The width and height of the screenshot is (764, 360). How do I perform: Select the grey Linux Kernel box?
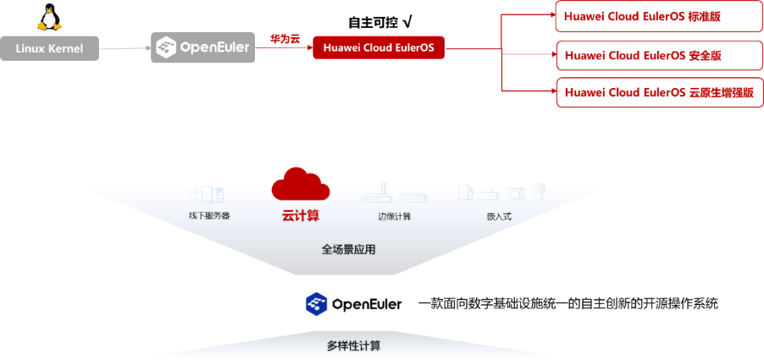point(49,48)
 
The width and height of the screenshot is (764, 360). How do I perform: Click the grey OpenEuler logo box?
point(203,47)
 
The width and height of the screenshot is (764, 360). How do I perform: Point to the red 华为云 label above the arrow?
point(285,38)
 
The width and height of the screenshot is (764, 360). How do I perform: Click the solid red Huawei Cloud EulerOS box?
point(379,47)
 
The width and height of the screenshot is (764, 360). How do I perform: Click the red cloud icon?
point(300,184)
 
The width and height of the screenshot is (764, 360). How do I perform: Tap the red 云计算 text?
point(300,215)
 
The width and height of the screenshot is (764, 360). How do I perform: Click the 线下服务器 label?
point(208,216)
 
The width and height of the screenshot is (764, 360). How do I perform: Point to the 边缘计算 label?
point(394,216)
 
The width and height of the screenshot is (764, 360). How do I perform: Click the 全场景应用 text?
point(347,250)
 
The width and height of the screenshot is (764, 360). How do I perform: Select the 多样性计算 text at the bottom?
point(353,346)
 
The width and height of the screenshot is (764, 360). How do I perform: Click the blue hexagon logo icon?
point(316,303)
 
